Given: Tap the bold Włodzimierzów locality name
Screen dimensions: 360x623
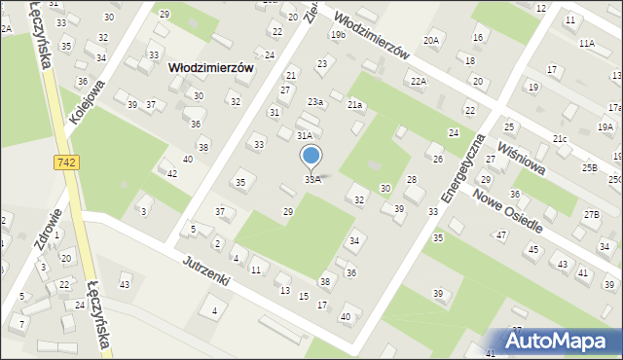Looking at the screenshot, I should click(x=210, y=68).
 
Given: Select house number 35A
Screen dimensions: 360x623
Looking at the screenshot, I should click(x=312, y=179).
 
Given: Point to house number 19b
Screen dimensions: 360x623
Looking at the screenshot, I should click(x=338, y=35).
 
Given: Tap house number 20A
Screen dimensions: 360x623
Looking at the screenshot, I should click(x=431, y=40).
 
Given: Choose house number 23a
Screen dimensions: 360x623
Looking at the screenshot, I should click(x=314, y=102).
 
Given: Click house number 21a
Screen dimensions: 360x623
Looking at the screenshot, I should click(x=355, y=104).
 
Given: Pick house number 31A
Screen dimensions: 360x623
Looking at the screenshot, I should click(x=305, y=136).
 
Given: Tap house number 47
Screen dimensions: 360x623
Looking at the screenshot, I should click(x=501, y=234).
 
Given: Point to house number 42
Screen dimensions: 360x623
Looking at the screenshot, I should click(x=171, y=173).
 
